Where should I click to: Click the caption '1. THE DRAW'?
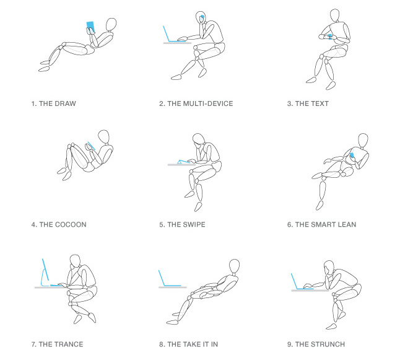pos(53,103)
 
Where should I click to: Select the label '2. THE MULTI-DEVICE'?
pos(196,103)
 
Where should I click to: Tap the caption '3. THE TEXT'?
pos(308,103)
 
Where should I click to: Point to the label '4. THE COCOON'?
pos(59,224)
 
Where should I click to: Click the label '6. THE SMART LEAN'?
pos(322,224)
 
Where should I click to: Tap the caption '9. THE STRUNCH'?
pos(316,345)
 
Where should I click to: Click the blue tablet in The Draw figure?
pos(90,25)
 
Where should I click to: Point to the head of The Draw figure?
pos(111,25)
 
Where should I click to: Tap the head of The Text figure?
pos(334,14)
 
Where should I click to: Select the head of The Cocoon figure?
pos(105,137)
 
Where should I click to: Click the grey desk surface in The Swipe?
pos(180,164)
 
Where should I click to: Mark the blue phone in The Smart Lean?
pos(352,154)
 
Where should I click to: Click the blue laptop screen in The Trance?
pos(45,271)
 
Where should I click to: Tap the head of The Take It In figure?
pos(234,266)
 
